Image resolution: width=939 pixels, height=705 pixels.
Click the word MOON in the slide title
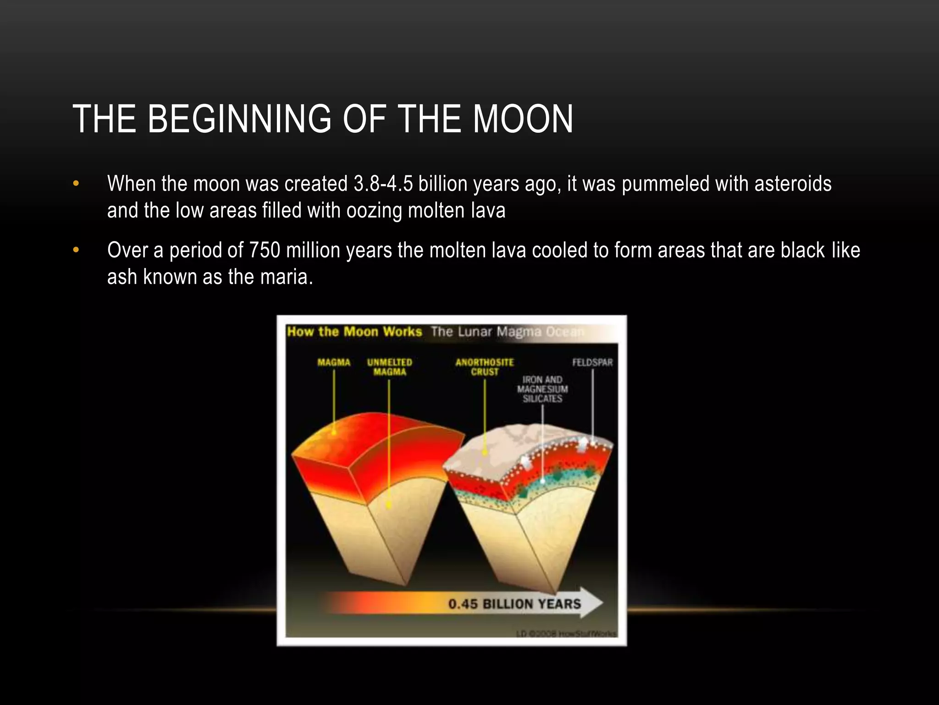(x=523, y=119)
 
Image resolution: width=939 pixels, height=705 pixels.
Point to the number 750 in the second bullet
(x=265, y=251)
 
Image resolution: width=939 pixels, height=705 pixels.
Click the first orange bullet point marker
(x=76, y=184)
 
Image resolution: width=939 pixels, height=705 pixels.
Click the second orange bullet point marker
(x=76, y=251)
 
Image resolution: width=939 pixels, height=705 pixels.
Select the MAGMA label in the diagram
(x=334, y=363)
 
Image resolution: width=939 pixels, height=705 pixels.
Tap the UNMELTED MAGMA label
(x=389, y=367)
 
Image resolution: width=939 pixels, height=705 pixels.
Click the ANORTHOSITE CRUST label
(x=484, y=367)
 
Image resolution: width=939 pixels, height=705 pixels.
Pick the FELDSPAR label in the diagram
(x=592, y=363)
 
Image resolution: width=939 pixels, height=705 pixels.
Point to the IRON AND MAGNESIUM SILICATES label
(x=542, y=389)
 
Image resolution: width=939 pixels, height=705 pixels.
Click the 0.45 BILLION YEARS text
(x=514, y=604)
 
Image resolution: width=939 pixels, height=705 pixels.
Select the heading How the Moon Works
(x=354, y=332)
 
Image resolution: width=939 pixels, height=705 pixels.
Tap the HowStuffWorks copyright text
(x=566, y=634)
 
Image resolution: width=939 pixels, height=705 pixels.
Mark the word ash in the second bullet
(x=122, y=277)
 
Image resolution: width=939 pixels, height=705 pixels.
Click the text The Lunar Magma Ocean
(x=507, y=332)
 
